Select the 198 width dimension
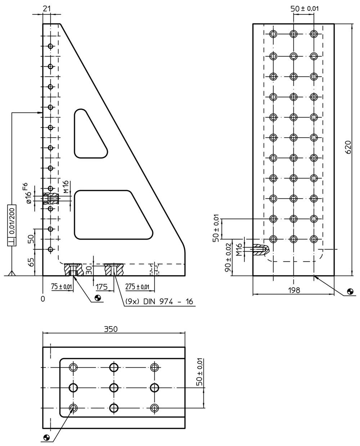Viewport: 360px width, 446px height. (294, 290)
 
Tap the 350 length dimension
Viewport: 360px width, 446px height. (111, 329)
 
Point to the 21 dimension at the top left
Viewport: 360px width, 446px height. (47, 9)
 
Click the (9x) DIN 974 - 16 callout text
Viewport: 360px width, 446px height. (159, 302)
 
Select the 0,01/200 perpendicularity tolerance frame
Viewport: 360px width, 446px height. (12, 225)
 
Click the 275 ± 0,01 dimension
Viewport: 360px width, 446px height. (137, 287)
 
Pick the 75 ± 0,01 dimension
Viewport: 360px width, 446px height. (62, 286)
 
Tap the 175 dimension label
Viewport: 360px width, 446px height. (102, 287)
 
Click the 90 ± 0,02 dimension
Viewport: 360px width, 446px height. (228, 257)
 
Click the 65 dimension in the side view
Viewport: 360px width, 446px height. (31, 262)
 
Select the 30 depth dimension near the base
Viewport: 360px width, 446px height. (89, 270)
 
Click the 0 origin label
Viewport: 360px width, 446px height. (43, 299)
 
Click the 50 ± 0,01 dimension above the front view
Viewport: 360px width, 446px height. (305, 9)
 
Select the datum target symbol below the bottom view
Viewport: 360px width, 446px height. (46, 436)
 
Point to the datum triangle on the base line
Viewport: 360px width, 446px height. (12, 273)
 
